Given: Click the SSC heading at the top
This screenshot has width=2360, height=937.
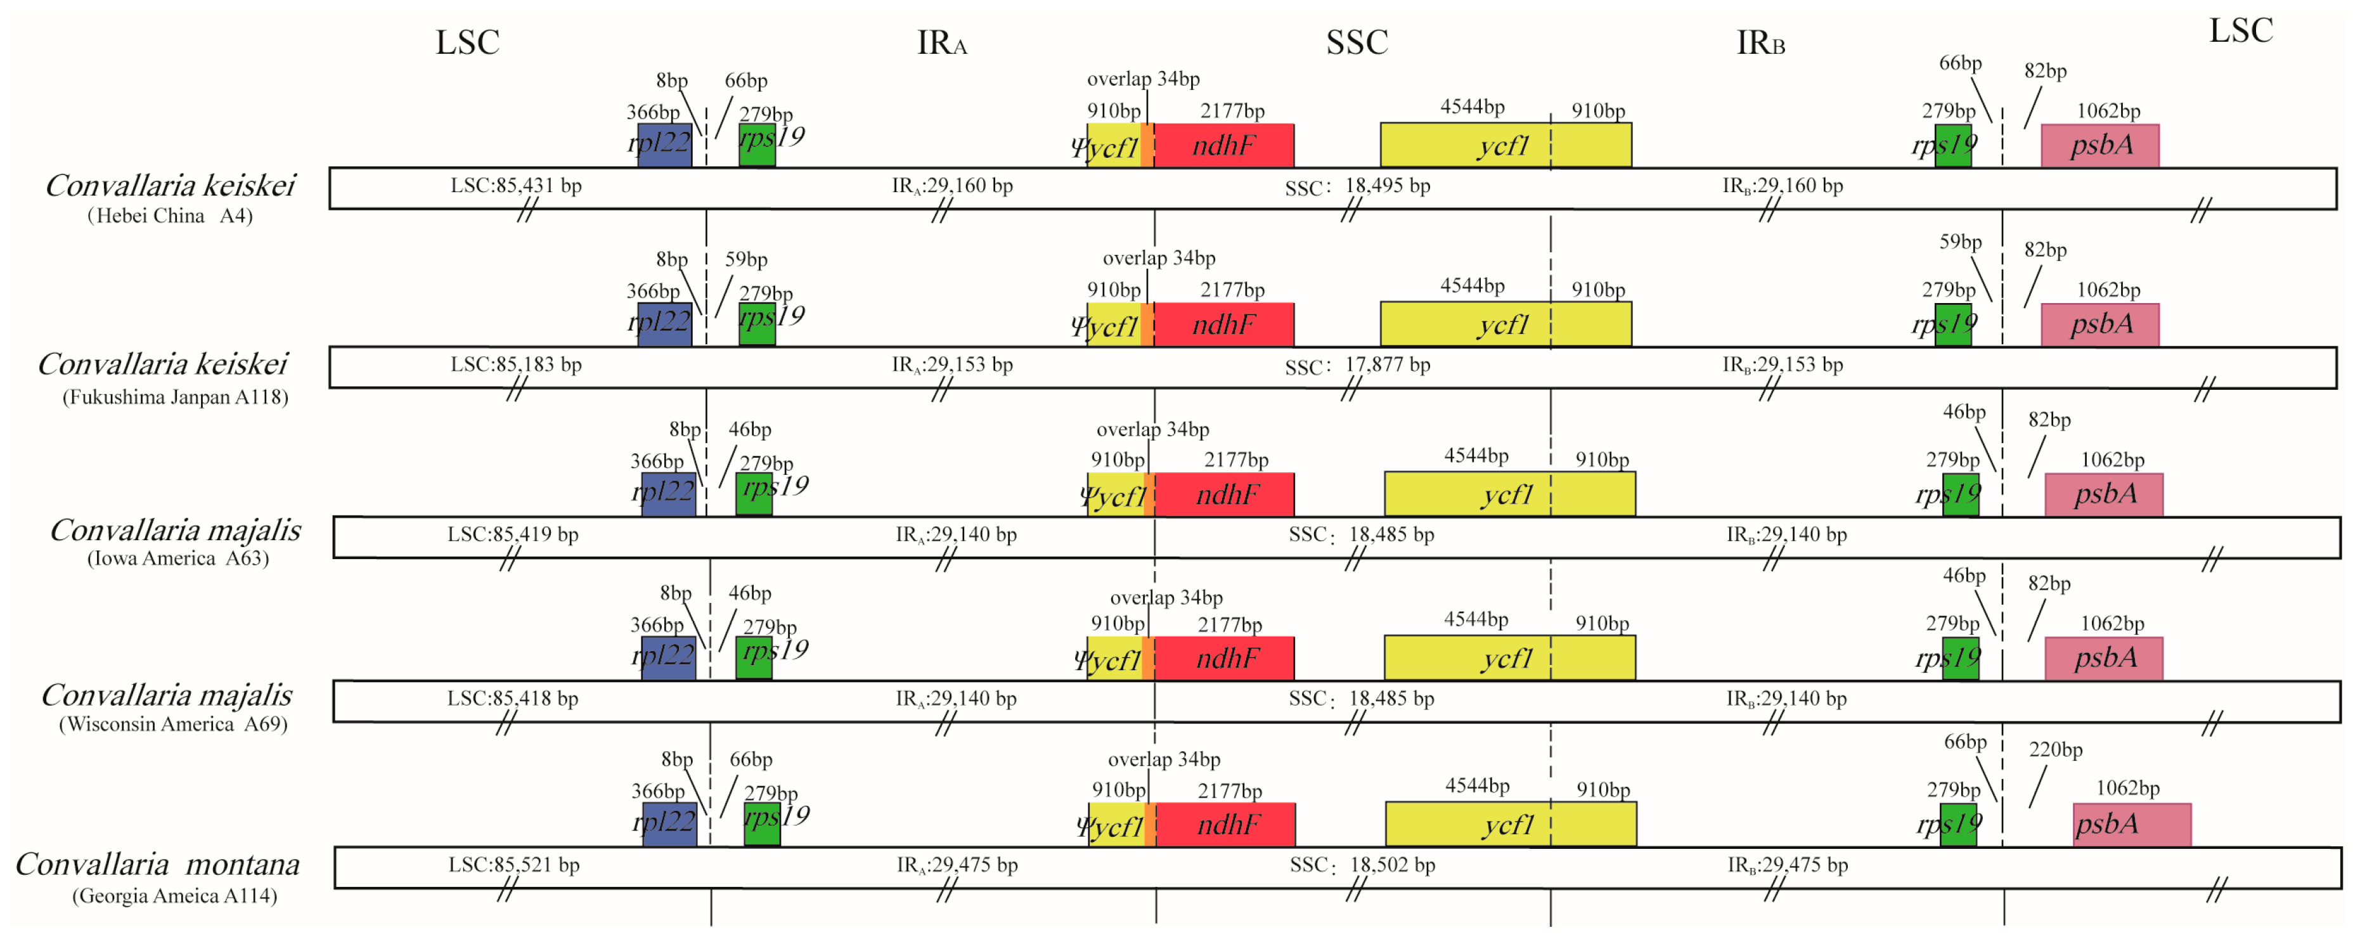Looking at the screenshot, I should [x=1357, y=43].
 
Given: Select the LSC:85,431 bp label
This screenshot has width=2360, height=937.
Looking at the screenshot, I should [x=516, y=186].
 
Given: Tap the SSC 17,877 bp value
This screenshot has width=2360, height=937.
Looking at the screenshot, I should [x=1387, y=365].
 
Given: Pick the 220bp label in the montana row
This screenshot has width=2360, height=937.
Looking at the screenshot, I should [x=2055, y=749].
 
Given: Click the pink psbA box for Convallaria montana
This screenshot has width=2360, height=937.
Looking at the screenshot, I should [x=2131, y=824].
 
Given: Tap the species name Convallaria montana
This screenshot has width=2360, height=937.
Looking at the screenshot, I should [x=158, y=863].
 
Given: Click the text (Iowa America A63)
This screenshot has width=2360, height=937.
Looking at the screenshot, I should [x=177, y=558].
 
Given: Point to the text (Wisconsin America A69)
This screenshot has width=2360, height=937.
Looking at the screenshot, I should [x=173, y=723].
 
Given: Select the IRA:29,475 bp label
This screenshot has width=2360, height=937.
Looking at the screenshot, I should [x=957, y=865].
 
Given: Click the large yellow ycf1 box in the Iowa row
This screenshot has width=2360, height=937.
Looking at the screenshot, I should [x=1509, y=494].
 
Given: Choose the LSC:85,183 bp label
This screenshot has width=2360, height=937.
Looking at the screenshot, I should [x=516, y=365].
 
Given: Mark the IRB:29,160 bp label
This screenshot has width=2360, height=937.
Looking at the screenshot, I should [x=1782, y=186].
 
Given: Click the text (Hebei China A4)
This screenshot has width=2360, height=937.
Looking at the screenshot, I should [x=169, y=216].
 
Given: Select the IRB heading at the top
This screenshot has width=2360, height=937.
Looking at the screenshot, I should [x=1760, y=43].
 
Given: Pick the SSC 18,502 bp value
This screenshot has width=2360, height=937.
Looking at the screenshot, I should [x=1391, y=865].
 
